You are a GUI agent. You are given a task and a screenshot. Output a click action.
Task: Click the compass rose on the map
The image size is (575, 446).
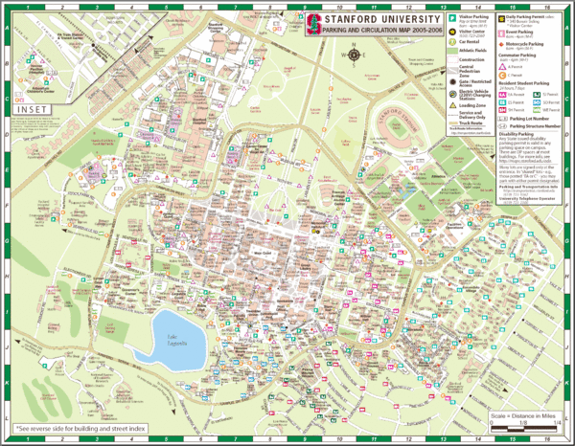click(x=356, y=54)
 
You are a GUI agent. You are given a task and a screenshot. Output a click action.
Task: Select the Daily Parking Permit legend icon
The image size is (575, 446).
click(x=499, y=20)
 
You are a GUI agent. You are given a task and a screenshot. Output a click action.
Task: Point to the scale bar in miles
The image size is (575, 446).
click(x=524, y=425)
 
